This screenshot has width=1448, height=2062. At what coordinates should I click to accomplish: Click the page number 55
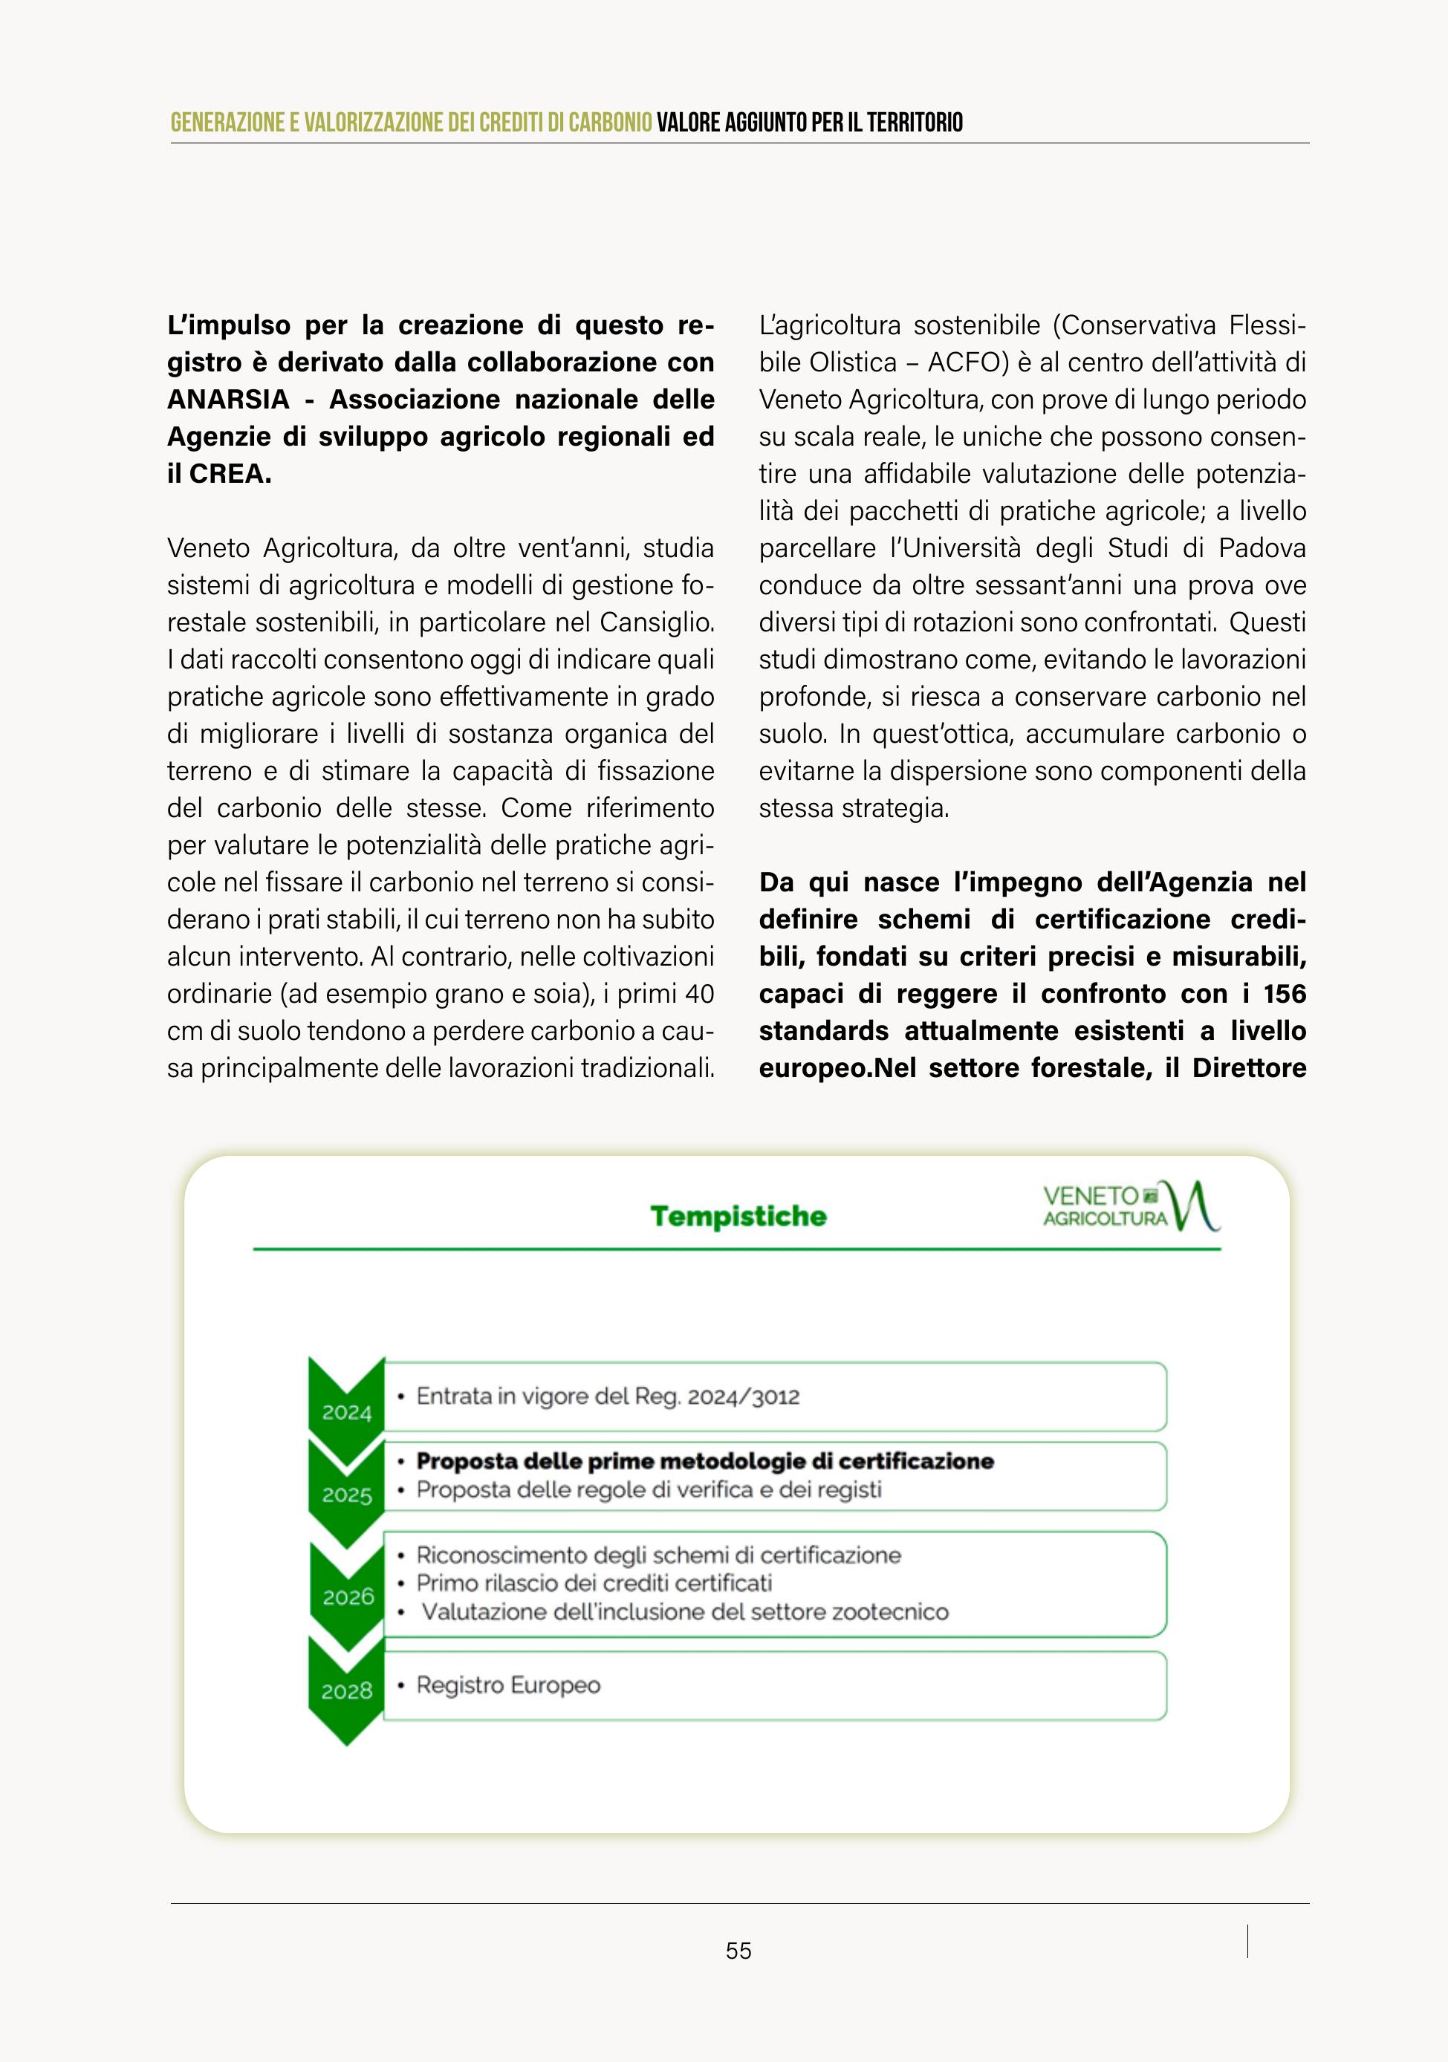pos(738,1951)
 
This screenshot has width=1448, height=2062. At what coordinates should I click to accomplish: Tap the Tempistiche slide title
pos(738,1216)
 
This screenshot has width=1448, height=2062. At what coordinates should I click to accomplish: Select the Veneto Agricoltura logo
pos(1130,1206)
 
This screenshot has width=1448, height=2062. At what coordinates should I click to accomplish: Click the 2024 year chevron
pos(347,1403)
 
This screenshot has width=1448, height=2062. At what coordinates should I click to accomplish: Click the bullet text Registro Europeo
pos(507,1685)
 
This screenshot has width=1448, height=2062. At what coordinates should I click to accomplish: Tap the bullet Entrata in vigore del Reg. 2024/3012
pos(607,1396)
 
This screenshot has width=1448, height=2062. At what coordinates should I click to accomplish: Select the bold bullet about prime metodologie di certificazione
pos(704,1461)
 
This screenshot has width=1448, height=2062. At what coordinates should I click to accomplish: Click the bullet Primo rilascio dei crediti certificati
pos(594,1584)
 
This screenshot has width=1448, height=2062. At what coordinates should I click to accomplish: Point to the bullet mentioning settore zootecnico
pos(684,1612)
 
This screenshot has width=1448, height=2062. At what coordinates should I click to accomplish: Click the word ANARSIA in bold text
pos(228,400)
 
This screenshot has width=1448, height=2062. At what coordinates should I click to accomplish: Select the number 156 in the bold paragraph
pos(1285,994)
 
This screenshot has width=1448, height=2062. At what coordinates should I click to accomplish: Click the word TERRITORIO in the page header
pos(915,123)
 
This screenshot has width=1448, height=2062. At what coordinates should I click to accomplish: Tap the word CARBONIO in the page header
pos(610,123)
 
